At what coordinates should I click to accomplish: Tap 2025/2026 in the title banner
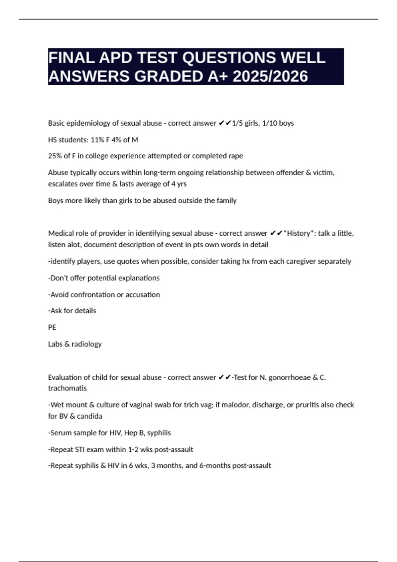tap(270, 76)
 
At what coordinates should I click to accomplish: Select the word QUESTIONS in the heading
tap(229, 58)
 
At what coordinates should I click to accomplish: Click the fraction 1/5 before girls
tap(237, 123)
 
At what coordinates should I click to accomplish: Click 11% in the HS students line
tap(97, 140)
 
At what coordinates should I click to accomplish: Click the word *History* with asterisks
tap(298, 233)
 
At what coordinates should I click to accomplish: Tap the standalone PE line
tap(52, 327)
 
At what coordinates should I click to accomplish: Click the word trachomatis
tap(67, 388)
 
